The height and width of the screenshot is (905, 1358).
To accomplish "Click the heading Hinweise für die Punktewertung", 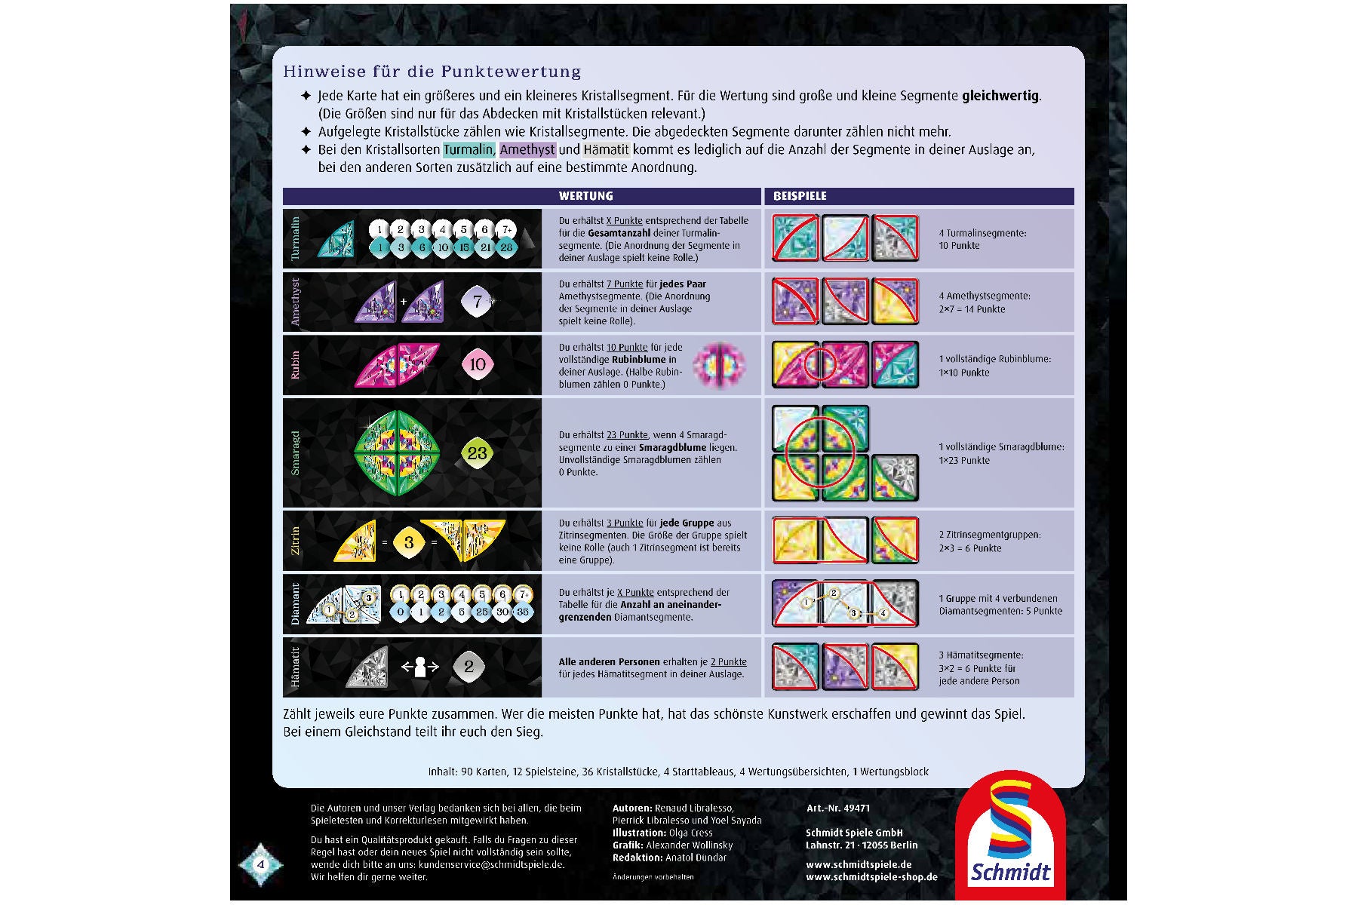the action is coord(432,72).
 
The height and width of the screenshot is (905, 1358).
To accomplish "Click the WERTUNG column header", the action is coord(585,196).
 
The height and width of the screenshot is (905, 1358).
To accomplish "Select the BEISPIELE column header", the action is coord(800,196).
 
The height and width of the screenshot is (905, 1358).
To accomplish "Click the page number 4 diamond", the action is coord(261,864).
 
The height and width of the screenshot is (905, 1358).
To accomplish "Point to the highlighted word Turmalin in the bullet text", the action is coord(469,149).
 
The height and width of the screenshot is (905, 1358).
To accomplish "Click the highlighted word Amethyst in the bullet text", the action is coord(527,149).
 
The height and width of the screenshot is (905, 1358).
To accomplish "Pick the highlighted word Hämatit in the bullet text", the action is coord(607,149).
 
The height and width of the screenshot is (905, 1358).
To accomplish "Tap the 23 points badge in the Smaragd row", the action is coord(477,452).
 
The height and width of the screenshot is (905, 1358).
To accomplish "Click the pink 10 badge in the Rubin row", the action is coord(478,364).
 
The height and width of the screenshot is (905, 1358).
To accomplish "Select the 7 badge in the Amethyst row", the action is coord(477,302).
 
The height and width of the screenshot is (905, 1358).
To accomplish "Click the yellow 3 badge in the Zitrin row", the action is coord(409,541).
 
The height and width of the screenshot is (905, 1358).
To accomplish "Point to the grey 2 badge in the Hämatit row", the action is coord(469,667).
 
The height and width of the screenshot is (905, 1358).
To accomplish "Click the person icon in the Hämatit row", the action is coord(420,667).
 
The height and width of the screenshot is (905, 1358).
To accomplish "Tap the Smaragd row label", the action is coord(295,452).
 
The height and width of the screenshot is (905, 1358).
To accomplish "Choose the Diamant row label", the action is coord(295,604).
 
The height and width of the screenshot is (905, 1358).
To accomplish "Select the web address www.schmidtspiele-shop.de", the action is coord(871,876).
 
